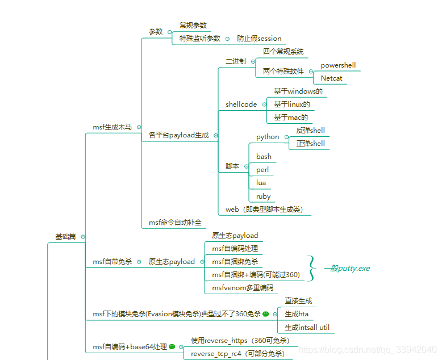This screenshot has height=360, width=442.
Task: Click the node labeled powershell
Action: click(338, 65)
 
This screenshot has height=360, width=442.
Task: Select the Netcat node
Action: click(331, 78)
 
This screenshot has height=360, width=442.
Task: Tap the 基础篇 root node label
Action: click(65, 236)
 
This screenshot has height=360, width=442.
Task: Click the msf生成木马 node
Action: click(112, 127)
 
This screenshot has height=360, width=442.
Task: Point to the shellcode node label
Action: click(241, 104)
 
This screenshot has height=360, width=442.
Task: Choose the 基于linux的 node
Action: click(292, 104)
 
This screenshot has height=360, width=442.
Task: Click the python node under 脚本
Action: click(268, 137)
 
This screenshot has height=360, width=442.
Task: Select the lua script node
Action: click(261, 183)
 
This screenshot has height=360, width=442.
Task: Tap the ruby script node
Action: click(263, 196)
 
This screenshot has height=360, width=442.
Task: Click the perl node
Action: click(262, 170)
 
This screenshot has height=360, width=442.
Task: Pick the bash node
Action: click(264, 157)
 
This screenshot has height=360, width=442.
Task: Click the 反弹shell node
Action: click(310, 131)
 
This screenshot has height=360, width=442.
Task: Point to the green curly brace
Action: click(311, 268)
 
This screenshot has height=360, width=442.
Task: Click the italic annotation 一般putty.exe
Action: click(347, 268)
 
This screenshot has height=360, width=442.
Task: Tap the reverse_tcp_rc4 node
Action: click(237, 354)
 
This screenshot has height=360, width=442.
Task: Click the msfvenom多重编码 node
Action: click(242, 288)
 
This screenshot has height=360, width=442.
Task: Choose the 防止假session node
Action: click(259, 39)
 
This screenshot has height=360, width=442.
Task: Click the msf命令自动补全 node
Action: click(175, 223)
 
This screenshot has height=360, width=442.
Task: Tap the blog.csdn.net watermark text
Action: click(368, 349)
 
